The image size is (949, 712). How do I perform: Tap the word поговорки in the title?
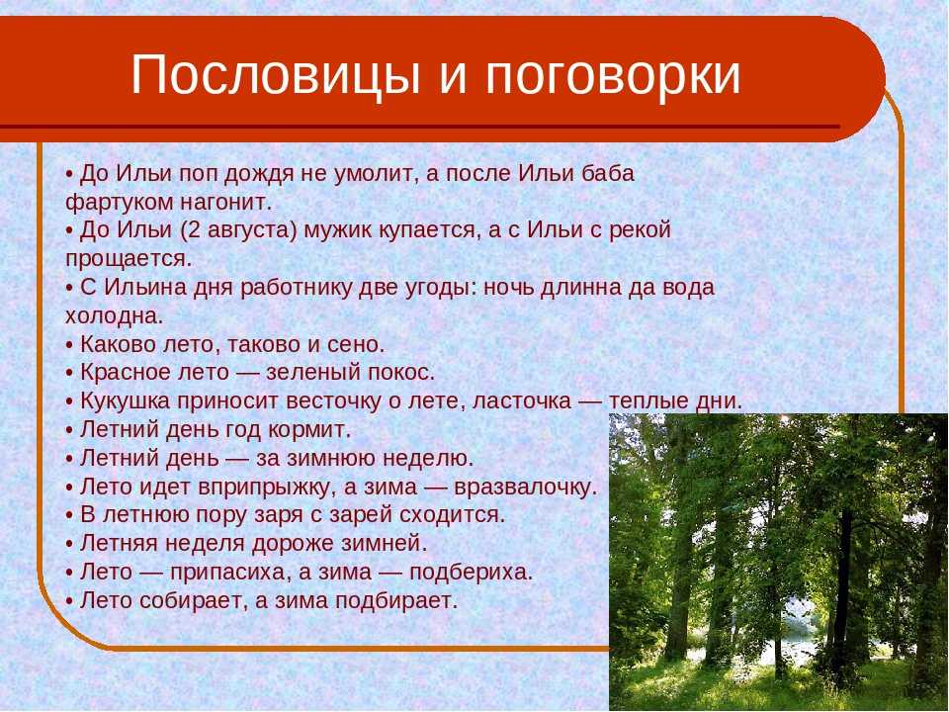(x=613, y=75)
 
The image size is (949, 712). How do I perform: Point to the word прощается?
(x=129, y=258)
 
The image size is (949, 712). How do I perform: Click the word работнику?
(x=296, y=288)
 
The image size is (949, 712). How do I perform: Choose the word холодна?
(x=115, y=315)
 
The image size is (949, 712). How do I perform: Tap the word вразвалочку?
(x=525, y=488)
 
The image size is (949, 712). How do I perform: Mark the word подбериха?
(x=471, y=573)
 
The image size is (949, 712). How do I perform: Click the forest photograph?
(x=778, y=563)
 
